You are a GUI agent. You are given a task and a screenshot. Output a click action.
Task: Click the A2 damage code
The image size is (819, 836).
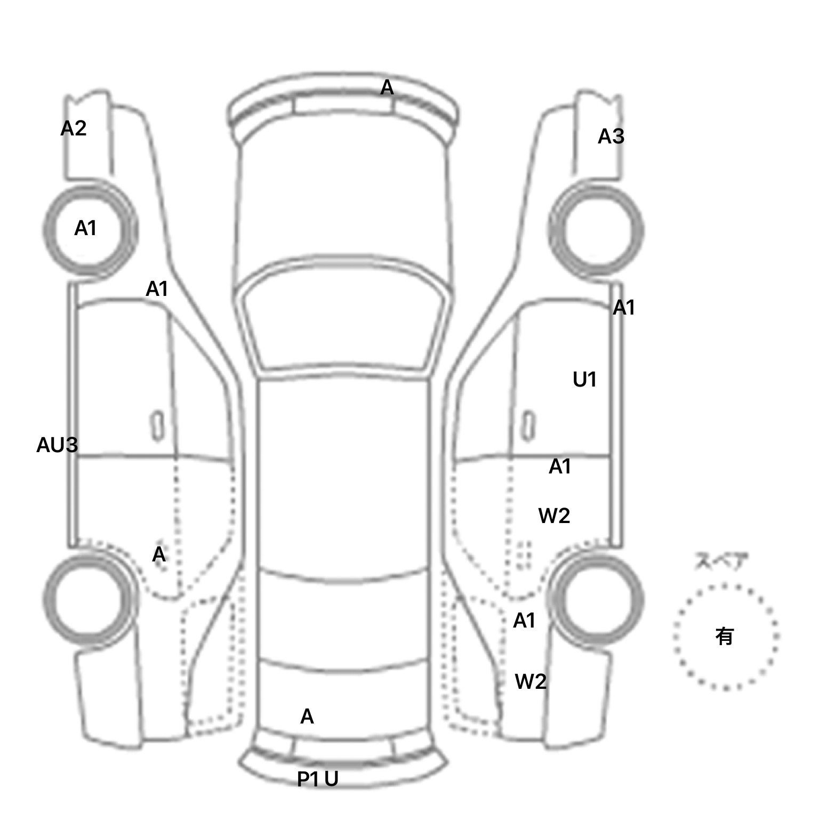pos(74,128)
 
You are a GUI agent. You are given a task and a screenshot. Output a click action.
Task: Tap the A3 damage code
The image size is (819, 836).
pos(611,137)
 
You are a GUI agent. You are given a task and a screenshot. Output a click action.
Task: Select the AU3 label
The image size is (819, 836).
pos(57,445)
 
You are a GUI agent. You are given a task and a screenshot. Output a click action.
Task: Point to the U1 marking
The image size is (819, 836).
pos(584,380)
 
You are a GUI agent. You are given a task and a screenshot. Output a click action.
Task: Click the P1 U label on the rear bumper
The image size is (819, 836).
pos(317,779)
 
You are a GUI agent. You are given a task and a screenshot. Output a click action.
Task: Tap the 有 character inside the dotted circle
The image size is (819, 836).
pos(725,636)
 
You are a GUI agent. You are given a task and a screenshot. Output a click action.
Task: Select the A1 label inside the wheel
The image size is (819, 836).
pos(85,229)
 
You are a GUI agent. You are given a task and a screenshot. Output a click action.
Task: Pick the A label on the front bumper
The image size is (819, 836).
pos(387,87)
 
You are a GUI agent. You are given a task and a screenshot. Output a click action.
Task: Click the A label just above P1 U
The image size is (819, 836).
pos(307,717)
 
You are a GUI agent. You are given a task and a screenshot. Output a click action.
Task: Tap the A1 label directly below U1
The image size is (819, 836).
pos(560,467)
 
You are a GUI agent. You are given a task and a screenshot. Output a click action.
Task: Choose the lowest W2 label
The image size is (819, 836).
pos(531,682)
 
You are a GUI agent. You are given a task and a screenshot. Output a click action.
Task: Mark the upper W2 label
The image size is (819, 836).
pos(554,516)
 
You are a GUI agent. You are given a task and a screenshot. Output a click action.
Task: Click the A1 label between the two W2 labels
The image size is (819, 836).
pos(524,621)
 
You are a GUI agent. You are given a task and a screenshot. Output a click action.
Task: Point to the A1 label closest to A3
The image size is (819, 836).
pos(624,308)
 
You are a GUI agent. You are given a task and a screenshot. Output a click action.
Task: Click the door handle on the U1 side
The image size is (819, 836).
pos(528,427)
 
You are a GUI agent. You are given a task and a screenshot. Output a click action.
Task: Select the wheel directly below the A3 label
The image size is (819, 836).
pos(596,230)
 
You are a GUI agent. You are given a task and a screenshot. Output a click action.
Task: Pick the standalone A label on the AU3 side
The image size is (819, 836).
pos(159,555)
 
